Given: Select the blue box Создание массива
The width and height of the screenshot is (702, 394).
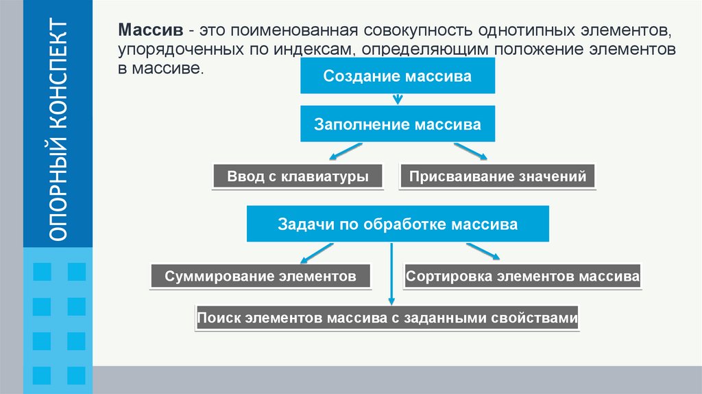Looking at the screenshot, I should tap(397, 76).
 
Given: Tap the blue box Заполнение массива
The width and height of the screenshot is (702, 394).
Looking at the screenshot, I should tap(397, 125).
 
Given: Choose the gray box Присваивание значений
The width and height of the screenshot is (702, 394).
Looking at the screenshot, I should tap(498, 176).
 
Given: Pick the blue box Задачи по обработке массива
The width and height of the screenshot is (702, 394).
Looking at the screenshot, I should tap(397, 224).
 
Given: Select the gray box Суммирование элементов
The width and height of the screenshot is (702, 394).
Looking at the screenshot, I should tap(260, 277).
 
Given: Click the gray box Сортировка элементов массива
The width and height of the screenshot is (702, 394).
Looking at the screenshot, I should tap(522, 277).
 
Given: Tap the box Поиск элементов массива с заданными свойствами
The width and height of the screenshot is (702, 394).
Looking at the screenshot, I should tap(387, 318).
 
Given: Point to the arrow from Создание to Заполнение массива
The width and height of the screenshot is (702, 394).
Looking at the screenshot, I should tap(397, 100).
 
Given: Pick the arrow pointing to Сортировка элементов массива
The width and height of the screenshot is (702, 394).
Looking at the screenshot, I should tap(483, 252).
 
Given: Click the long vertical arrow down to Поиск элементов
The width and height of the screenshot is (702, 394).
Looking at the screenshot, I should tap(391, 275).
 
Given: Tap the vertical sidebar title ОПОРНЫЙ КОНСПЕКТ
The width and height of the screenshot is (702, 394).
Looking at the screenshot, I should tap(59, 130).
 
